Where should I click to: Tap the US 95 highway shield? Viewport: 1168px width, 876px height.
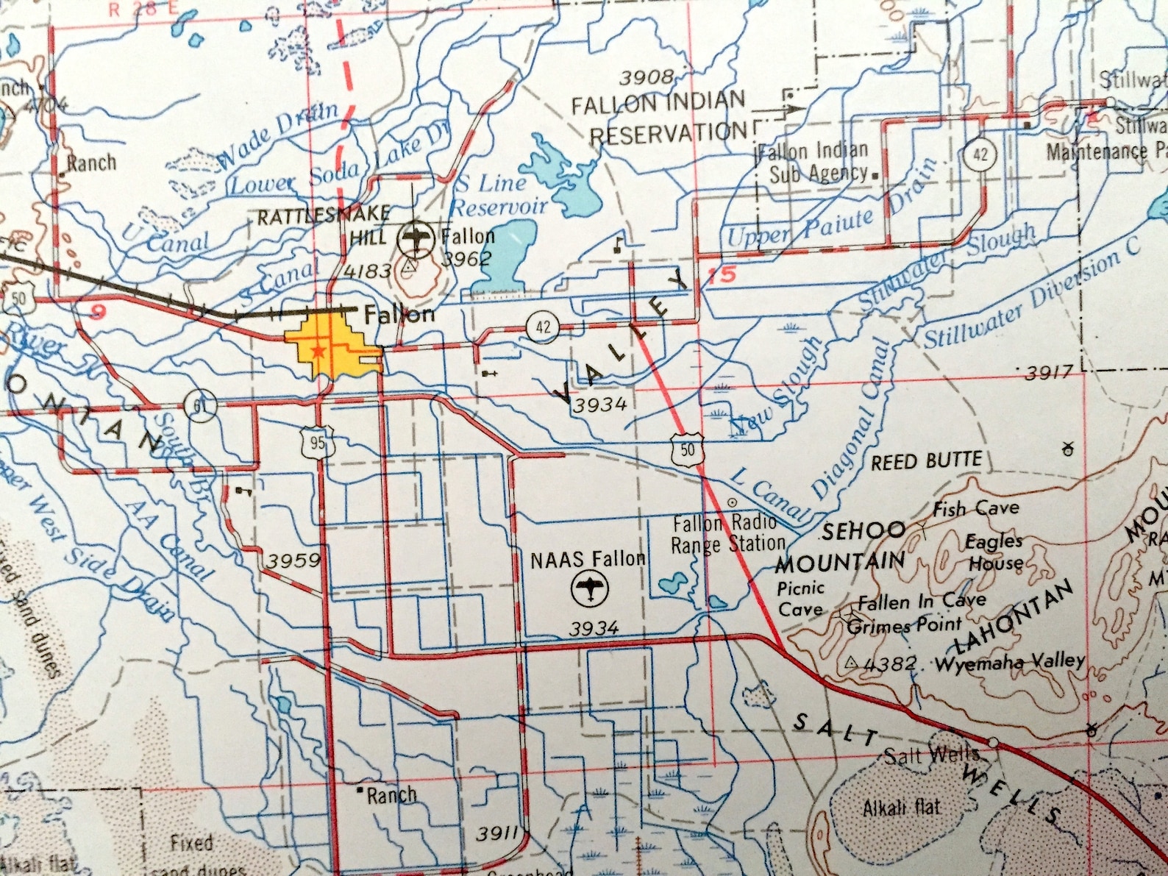pos(317,442)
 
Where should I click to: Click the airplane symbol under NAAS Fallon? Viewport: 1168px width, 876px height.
pos(590,589)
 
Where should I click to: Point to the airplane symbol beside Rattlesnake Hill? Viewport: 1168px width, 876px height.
pos(416,238)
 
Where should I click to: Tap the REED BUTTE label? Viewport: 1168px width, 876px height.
pos(927,462)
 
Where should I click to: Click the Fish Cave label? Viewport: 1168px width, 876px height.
pos(976,508)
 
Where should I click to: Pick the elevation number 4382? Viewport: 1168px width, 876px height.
pos(891,663)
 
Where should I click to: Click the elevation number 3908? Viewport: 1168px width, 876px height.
pos(647,76)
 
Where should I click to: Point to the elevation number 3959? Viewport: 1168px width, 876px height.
pos(293,561)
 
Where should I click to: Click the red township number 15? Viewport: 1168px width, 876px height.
pos(722,276)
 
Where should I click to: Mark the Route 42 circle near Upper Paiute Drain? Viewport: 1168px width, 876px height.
pos(980,154)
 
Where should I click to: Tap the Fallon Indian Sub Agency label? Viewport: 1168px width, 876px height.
pos(815,163)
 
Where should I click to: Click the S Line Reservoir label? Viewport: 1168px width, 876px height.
pos(500,194)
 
